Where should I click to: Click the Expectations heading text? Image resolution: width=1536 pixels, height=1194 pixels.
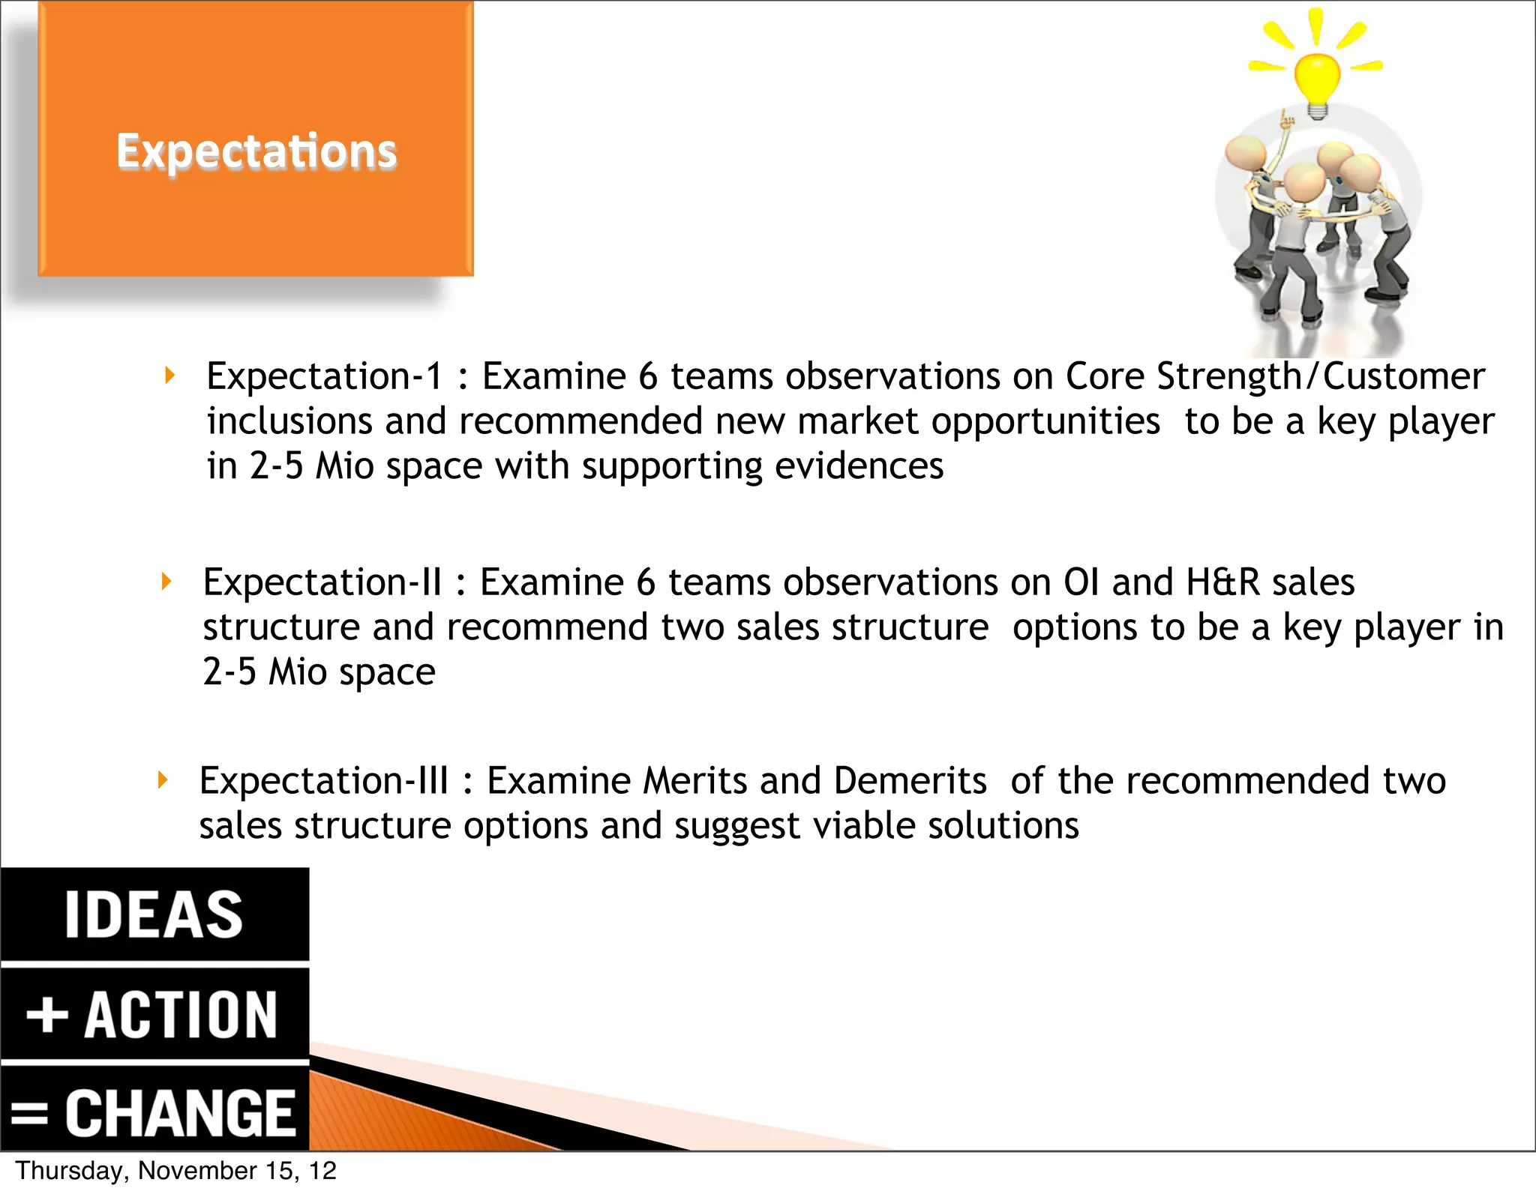[256, 151]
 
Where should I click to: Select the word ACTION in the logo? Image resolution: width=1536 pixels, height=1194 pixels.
[181, 1015]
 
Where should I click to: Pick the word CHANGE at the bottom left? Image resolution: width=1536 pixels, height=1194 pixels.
[180, 1113]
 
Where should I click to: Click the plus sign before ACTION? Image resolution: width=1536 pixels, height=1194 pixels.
[46, 1015]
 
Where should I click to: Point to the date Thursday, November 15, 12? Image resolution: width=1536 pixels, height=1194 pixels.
[175, 1171]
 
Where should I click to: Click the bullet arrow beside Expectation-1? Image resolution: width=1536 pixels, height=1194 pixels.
[170, 375]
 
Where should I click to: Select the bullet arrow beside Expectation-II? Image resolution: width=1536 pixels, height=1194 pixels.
[166, 581]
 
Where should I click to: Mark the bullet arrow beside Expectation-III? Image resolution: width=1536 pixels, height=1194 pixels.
[163, 780]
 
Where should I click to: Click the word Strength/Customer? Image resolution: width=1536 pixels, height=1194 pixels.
[1320, 376]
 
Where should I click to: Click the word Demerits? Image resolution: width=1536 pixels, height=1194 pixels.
[910, 780]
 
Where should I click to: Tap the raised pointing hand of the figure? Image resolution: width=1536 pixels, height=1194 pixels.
[1287, 118]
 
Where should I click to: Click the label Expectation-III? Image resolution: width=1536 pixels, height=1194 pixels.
[323, 780]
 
